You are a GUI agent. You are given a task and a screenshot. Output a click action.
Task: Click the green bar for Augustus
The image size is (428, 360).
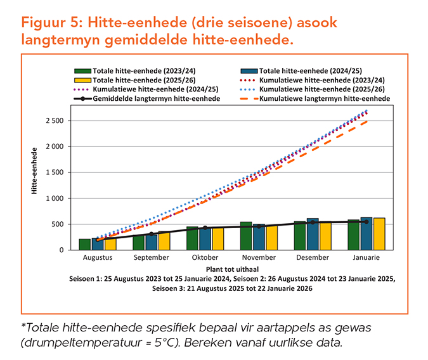[84, 244]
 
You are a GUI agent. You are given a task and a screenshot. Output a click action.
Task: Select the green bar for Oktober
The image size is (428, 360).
[192, 238]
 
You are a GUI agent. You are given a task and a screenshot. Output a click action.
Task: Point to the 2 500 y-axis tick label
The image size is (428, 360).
[55, 120]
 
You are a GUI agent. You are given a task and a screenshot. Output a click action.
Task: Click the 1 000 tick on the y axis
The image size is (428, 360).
[55, 198]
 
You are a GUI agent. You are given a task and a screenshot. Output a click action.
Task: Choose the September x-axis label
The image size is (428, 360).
[152, 258]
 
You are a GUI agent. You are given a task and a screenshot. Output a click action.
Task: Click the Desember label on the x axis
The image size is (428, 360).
[313, 258]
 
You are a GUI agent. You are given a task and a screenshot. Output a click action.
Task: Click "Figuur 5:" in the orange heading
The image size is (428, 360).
[51, 23]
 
